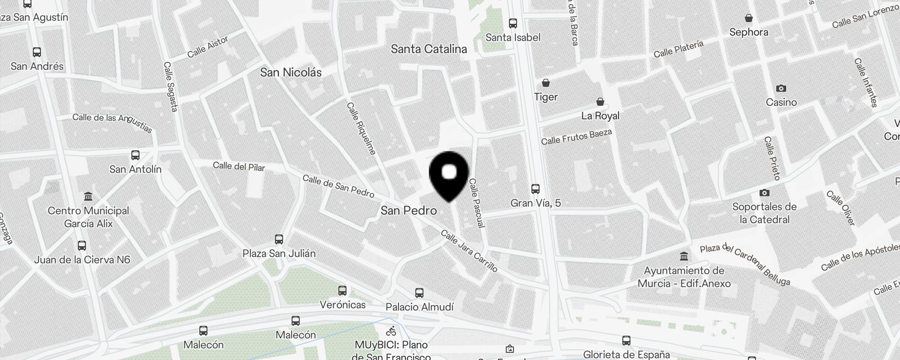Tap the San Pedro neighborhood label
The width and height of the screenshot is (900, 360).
(x=409, y=210)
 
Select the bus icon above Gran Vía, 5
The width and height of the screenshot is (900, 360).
(x=535, y=189)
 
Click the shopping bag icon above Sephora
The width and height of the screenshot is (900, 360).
(x=749, y=18)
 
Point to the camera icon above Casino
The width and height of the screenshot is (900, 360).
(x=781, y=88)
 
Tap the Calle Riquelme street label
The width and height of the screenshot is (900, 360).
(x=361, y=129)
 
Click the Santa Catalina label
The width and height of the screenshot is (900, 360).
(x=429, y=49)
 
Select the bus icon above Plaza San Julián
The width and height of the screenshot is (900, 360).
(x=279, y=239)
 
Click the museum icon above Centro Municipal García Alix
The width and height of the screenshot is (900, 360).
(x=88, y=197)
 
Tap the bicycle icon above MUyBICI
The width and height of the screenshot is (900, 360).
(x=391, y=331)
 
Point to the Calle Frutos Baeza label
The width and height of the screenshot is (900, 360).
(x=576, y=137)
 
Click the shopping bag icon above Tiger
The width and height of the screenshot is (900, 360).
(x=546, y=83)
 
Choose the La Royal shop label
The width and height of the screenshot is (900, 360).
(x=600, y=116)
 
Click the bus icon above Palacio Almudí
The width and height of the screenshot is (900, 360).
(x=419, y=293)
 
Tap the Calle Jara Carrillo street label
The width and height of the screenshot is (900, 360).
(x=469, y=251)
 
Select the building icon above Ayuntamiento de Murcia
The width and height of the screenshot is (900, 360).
(x=684, y=256)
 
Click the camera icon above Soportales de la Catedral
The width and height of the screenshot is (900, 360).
(x=764, y=193)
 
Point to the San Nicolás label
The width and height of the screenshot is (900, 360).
(x=291, y=72)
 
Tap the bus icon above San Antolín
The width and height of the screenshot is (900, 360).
(x=135, y=155)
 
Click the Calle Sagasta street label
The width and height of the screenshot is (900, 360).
(x=170, y=86)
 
